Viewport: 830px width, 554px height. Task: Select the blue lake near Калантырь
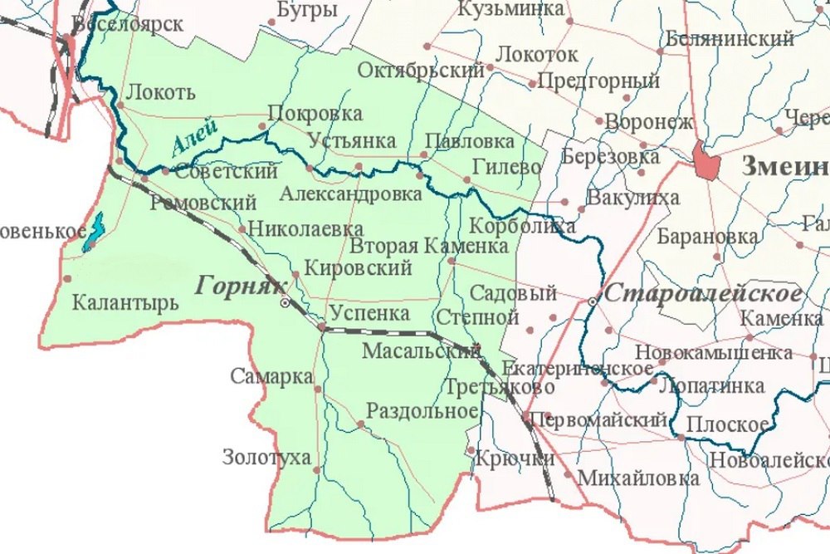coord(94,233)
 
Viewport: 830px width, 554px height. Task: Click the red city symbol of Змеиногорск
coord(706,160)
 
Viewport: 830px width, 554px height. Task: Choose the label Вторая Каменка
coord(428,246)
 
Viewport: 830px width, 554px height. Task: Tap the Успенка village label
coord(369,313)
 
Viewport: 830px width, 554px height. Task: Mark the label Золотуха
coord(266,457)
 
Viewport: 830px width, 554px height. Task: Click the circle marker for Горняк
coord(286,304)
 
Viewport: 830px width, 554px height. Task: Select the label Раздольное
coord(422,411)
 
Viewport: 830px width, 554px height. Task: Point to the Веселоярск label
coord(128,23)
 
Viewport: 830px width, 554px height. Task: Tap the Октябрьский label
coord(421,71)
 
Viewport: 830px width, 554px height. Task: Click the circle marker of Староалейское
coord(591,302)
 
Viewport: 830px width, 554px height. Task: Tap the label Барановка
coord(706,236)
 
